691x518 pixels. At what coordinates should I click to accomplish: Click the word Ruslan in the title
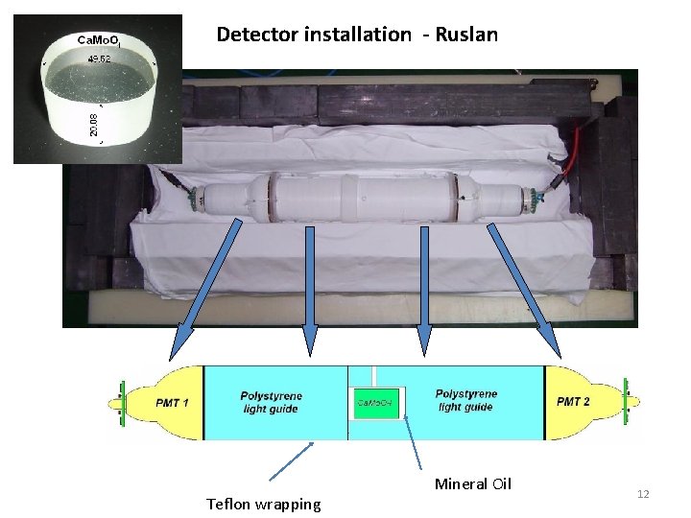tap(466, 35)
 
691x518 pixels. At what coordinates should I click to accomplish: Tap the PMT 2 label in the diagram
tap(574, 401)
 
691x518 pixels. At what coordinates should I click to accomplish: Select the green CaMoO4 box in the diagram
tap(376, 402)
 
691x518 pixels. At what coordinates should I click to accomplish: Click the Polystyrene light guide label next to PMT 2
tap(466, 400)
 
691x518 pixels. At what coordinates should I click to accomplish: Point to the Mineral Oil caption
tap(473, 483)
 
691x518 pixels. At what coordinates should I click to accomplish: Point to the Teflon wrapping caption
tap(264, 505)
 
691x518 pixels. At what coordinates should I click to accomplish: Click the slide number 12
tap(643, 494)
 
